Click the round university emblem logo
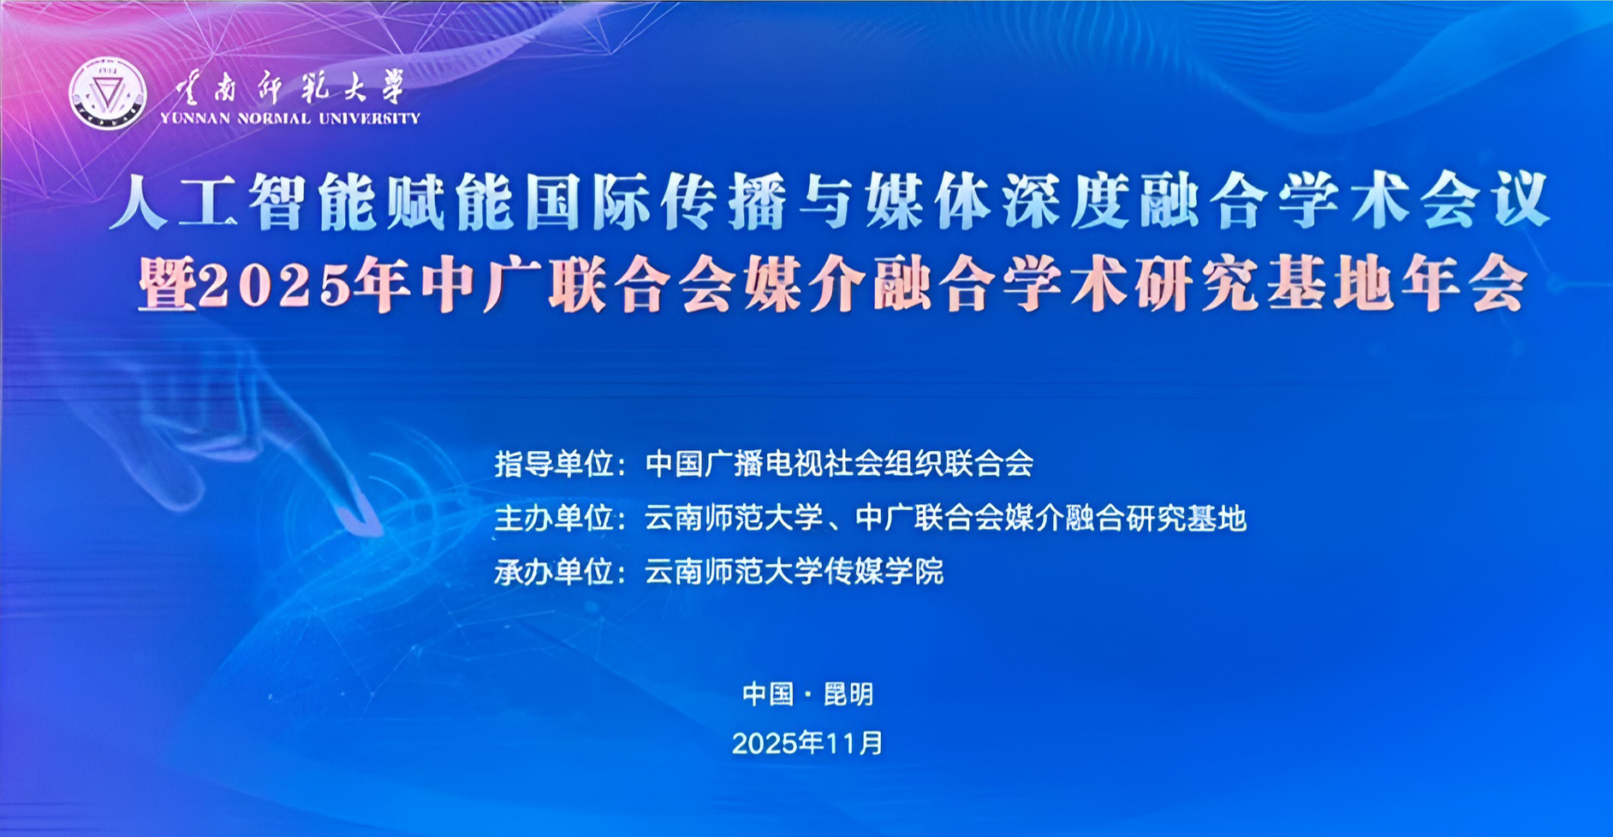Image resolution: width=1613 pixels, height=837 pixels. point(107,93)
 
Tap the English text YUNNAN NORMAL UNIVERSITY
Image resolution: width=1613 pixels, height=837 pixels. point(290,118)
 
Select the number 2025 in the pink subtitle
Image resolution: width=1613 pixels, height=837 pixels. point(277,284)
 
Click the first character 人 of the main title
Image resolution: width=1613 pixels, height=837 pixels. point(140,203)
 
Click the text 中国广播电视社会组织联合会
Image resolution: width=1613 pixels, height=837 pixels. point(839,464)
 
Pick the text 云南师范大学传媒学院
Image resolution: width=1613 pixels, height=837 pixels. point(794,571)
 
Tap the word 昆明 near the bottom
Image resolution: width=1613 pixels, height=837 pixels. point(848,694)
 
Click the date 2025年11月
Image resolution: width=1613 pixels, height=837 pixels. point(807,743)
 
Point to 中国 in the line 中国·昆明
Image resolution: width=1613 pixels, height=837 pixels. point(768,694)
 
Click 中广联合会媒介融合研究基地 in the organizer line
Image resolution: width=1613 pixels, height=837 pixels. point(1051,518)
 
